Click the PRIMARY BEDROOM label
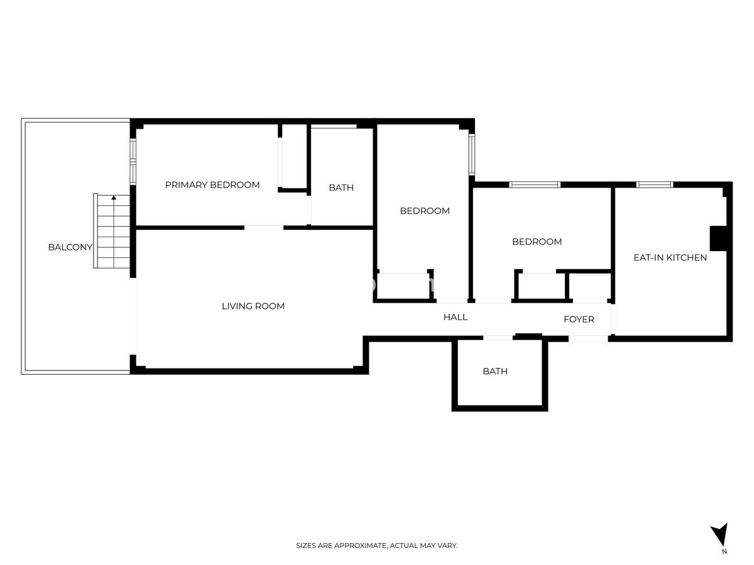click(212, 185)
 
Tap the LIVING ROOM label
click(253, 306)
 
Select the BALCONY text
click(70, 247)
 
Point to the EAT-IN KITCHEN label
click(670, 257)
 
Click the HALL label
click(455, 317)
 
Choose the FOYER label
click(579, 320)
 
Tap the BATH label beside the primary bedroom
click(341, 188)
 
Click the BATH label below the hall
click(495, 371)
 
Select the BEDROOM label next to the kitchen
click(537, 242)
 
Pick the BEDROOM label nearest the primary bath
click(425, 211)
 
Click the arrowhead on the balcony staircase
click(114, 197)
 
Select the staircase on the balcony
click(112, 231)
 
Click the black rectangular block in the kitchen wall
click(718, 238)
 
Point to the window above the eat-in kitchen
click(654, 185)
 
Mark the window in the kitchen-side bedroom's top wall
click(535, 185)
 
